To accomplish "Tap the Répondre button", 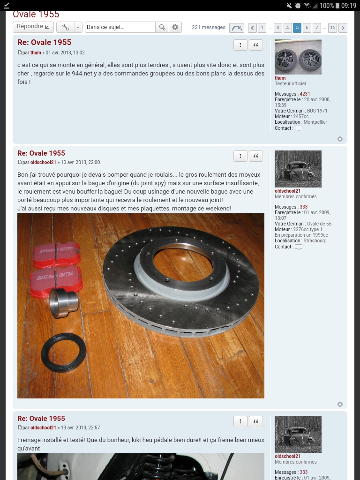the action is (x=33, y=27).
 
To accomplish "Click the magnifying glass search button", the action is (x=162, y=27).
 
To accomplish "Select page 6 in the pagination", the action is (x=307, y=28).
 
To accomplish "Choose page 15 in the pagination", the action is (x=332, y=28).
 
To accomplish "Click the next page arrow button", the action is (x=343, y=28).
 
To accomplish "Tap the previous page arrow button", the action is (x=252, y=28).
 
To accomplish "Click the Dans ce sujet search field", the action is (x=120, y=27).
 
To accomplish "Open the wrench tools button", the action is (x=66, y=27).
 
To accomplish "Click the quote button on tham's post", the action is (x=256, y=45).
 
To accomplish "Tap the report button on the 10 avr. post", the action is (x=240, y=156).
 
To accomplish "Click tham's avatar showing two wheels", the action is (x=298, y=57).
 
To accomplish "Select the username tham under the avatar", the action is (x=280, y=78).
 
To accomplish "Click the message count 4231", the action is (x=305, y=94).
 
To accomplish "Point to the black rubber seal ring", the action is (x=63, y=352).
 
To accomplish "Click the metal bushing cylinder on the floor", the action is (x=63, y=302).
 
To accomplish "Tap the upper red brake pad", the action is (x=56, y=255).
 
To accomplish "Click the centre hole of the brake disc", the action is (x=182, y=264).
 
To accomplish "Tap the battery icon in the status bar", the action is (x=337, y=6).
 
